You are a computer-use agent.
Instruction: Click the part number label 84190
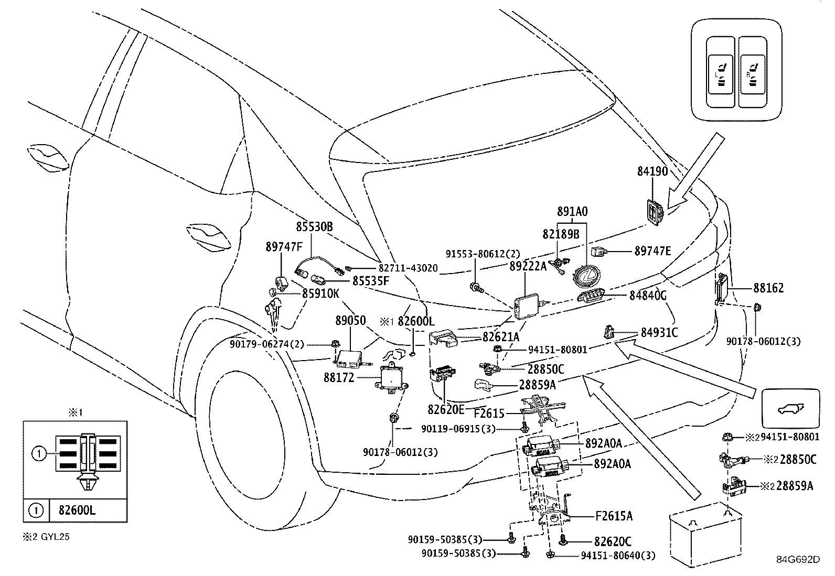coord(652,171)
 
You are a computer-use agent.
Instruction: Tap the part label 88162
coord(768,288)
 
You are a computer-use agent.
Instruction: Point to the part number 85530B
coord(315,226)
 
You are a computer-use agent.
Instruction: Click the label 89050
coord(350,320)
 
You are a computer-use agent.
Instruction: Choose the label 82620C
coord(613,541)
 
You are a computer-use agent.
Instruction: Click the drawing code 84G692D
coord(798,560)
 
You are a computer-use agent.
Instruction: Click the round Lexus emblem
coord(586,276)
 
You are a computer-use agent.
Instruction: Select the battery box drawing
coord(705,536)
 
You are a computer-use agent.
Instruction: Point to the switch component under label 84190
coord(655,212)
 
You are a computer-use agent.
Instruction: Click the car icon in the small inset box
coord(790,409)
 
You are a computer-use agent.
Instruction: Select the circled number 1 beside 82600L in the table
coord(36,510)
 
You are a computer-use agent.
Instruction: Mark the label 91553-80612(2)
coord(483,254)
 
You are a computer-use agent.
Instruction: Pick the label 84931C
coord(659,333)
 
